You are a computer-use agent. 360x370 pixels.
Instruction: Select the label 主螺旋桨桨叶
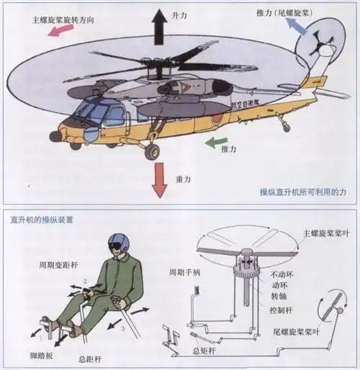click(326, 233)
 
